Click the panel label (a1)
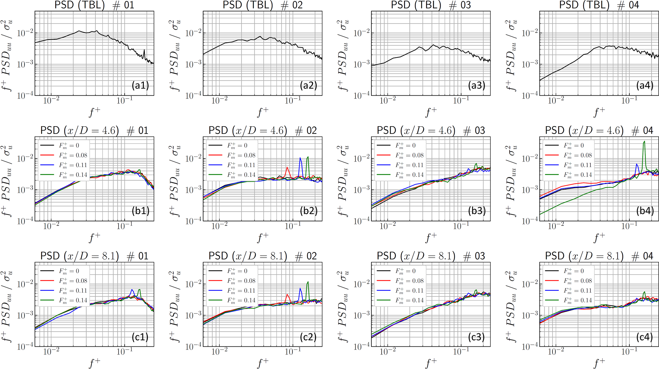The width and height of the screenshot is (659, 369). (x=140, y=85)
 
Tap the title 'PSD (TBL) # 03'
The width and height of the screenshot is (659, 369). (x=431, y=5)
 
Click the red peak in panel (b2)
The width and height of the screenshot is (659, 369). (x=287, y=167)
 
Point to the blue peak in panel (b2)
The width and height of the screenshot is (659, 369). (x=300, y=158)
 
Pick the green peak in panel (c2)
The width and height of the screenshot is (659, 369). (x=308, y=282)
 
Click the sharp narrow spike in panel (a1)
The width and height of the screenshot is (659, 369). (x=144, y=50)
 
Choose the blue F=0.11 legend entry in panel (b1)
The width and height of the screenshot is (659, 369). (x=64, y=165)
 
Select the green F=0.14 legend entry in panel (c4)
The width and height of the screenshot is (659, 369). (x=568, y=300)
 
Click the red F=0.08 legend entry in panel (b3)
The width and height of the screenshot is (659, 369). (x=400, y=155)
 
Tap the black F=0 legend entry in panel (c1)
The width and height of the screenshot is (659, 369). (x=64, y=271)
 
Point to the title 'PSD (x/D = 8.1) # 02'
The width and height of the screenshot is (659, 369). (x=263, y=256)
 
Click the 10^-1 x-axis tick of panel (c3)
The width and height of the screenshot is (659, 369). (x=461, y=351)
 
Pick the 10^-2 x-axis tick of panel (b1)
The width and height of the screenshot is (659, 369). (x=51, y=226)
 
